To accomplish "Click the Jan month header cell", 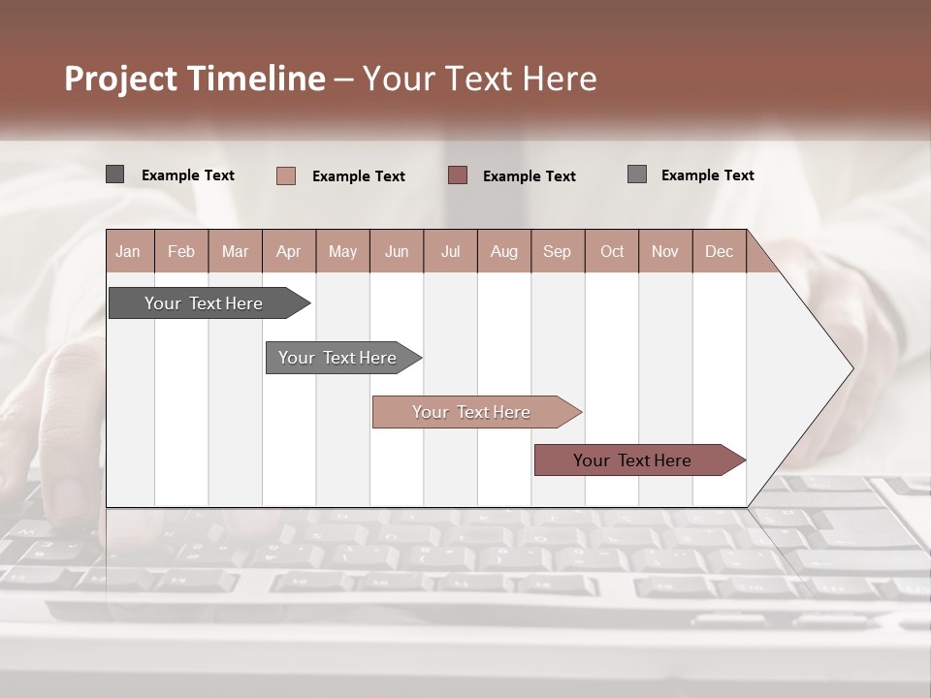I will [129, 252].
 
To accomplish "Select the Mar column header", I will [235, 252].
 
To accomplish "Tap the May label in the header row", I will [342, 252].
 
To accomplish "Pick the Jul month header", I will [450, 252].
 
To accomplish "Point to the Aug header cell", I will [503, 252].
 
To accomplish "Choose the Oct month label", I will [611, 252].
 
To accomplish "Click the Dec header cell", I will [719, 252].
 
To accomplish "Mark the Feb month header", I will [181, 252].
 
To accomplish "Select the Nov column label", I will [664, 252].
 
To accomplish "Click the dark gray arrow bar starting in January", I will [204, 303].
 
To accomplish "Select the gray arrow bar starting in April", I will [337, 358].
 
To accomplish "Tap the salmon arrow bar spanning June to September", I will [471, 412].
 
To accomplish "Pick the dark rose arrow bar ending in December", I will [632, 460].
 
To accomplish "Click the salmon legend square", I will [286, 175].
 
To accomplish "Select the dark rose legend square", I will [458, 175].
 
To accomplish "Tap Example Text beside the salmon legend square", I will [359, 176].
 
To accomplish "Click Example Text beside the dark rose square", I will [530, 176].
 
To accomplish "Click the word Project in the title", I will [120, 79].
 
